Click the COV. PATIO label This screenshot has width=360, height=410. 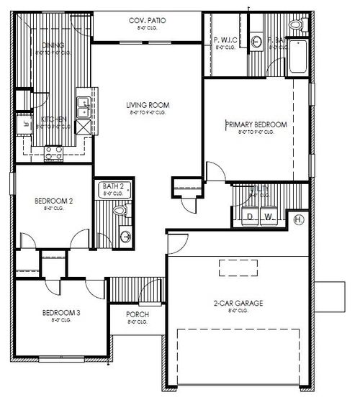[147, 21]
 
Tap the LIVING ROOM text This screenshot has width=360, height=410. [147, 105]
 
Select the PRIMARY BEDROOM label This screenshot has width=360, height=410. [256, 125]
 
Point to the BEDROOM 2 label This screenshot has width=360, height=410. [53, 201]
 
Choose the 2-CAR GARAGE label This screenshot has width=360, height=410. [239, 304]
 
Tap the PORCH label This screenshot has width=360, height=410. [137, 315]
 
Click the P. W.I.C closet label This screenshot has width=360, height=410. [226, 40]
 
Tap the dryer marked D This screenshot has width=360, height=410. [250, 217]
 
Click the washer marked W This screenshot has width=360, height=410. [269, 217]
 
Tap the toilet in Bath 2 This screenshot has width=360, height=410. [120, 211]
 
